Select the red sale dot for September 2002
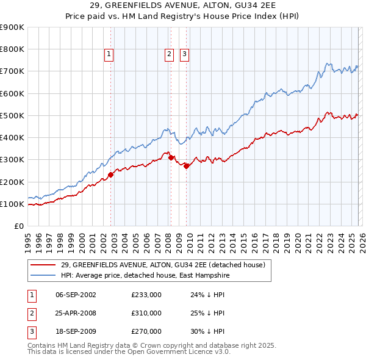tap(110, 175)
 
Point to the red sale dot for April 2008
tap(171, 157)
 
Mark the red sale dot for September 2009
tap(186, 166)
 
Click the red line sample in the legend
tap(43, 265)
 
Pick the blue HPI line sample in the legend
tap(43, 275)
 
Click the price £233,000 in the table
tap(146, 294)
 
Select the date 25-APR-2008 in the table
tap(76, 313)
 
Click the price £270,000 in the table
tap(146, 331)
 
